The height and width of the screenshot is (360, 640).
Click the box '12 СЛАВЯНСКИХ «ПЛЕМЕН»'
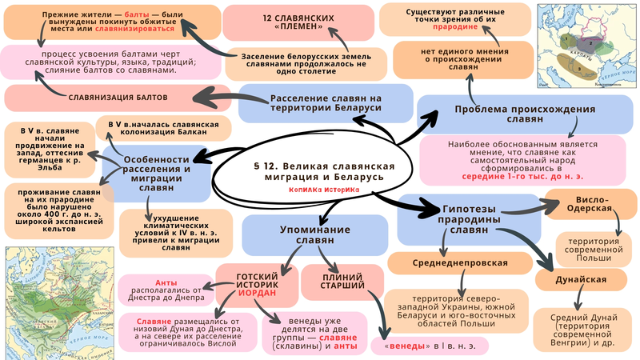click(274, 22)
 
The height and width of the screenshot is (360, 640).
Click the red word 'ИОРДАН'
click(256, 292)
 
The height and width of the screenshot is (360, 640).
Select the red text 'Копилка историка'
click(326, 190)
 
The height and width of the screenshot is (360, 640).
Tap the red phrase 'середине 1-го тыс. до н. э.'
click(498, 174)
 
